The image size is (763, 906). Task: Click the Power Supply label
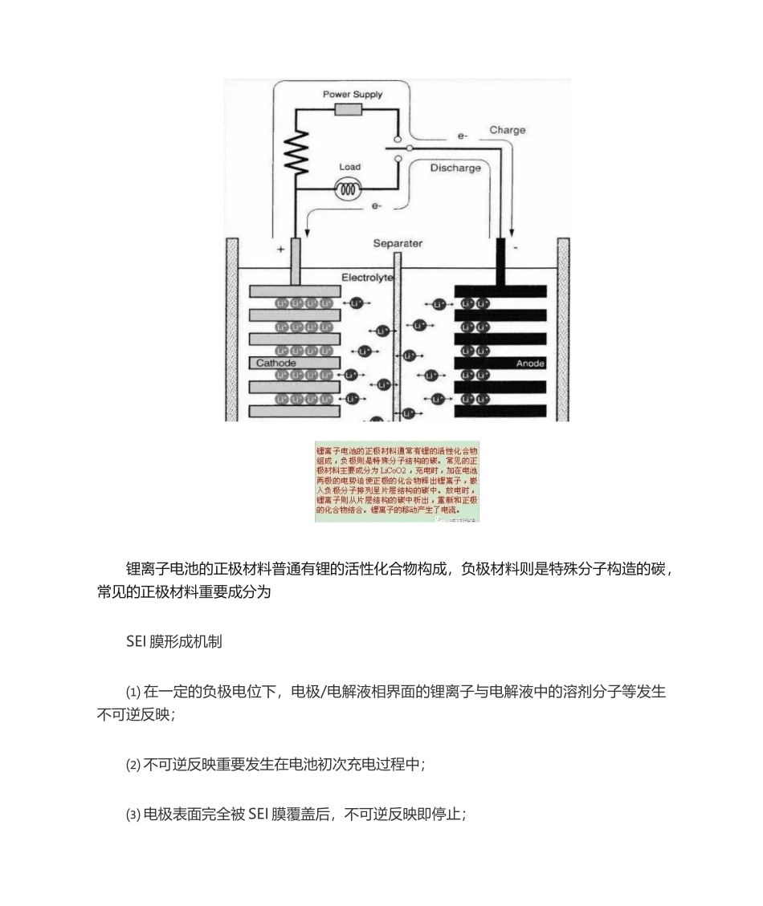[x=353, y=94]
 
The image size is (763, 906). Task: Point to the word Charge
[x=508, y=130]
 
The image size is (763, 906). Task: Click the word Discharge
[x=455, y=169]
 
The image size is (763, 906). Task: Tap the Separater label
[x=398, y=243]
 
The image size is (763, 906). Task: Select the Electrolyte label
[x=367, y=277]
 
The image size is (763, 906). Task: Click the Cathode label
[x=276, y=364]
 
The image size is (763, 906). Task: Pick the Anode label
[x=530, y=364]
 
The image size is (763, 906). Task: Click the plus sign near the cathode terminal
[x=280, y=250]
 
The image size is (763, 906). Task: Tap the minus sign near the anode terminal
[x=515, y=249]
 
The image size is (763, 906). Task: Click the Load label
[x=349, y=167]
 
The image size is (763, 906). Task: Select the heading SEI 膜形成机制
[x=174, y=642]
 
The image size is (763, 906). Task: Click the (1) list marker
[x=133, y=692]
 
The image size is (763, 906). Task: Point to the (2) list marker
[x=133, y=765]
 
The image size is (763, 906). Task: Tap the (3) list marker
[x=133, y=815]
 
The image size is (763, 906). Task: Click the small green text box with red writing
[x=397, y=481]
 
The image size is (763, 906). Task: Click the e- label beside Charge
[x=463, y=136]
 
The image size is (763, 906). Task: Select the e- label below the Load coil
[x=376, y=206]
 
